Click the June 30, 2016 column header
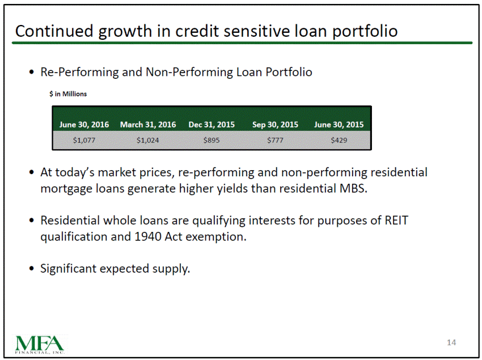click(x=84, y=125)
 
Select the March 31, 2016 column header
click(x=148, y=125)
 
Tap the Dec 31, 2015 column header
click(x=212, y=125)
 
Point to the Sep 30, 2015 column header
click(x=275, y=125)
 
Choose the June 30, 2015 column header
click(x=339, y=125)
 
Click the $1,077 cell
click(x=84, y=140)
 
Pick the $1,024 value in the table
click(x=148, y=140)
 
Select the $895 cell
click(x=212, y=140)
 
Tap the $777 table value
click(x=275, y=140)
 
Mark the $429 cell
click(x=339, y=140)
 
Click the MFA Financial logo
click(x=40, y=344)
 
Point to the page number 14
click(x=451, y=342)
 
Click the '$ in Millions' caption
click(x=68, y=94)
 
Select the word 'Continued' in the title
click(x=54, y=31)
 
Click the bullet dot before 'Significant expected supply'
click(x=31, y=268)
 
